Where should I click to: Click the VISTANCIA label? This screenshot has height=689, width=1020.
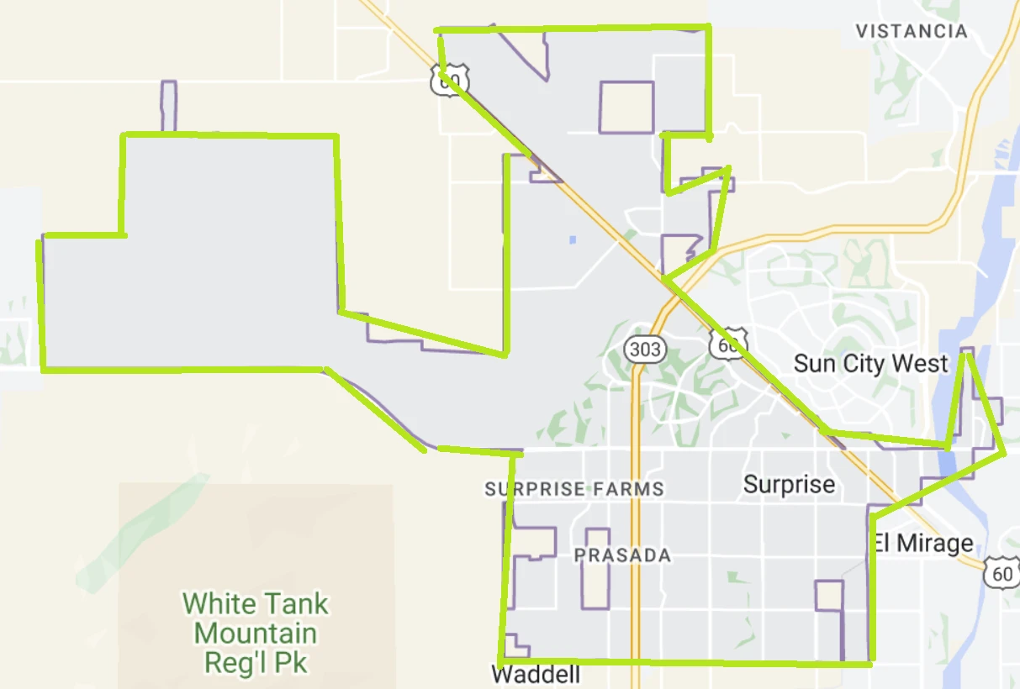911,31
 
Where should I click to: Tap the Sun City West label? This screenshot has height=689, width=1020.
870,364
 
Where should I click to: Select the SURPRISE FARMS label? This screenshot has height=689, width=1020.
574,489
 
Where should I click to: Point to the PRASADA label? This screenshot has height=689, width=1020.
622,555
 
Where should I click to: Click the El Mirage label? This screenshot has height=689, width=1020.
922,543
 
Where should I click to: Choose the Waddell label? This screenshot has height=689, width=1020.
536,675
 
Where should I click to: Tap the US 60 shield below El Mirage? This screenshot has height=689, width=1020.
1001,574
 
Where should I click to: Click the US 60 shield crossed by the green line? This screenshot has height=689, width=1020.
447,80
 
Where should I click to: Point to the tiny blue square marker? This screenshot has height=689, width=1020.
573,239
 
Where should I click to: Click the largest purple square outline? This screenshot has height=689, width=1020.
626,107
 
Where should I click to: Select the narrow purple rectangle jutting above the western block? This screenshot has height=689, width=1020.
169,106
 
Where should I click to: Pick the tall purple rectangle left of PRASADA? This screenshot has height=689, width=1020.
596,569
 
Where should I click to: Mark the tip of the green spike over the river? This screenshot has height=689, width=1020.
968,355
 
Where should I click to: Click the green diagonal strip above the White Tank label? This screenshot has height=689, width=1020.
143,534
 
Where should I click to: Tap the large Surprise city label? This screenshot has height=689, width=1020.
789,484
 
